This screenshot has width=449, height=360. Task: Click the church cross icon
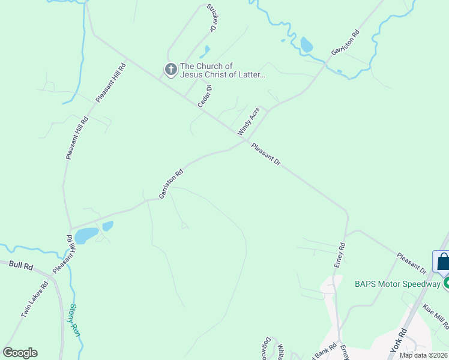170,70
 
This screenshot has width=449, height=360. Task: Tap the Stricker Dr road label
211,17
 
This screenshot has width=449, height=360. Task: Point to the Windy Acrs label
249,121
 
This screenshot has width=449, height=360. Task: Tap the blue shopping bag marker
443,262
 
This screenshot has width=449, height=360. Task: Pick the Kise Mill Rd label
436,316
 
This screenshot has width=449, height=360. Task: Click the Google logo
20,353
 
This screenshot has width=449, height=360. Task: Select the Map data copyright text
424,355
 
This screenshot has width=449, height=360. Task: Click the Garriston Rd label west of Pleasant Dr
170,184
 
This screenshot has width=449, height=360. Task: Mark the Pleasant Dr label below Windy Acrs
267,154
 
